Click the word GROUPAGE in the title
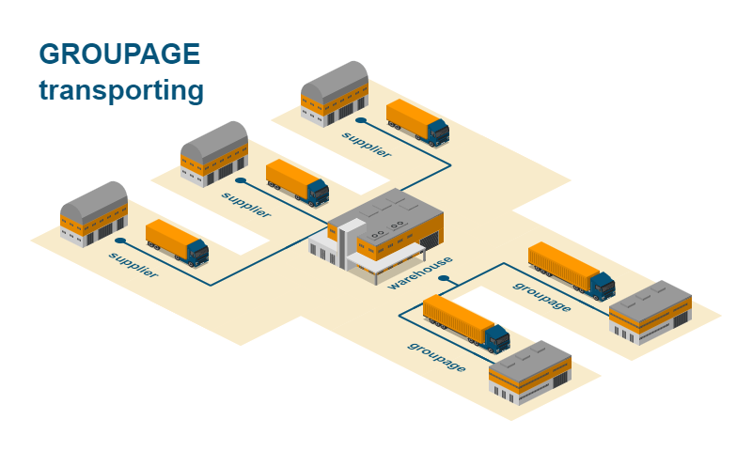click(x=119, y=54)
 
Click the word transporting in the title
click(x=121, y=91)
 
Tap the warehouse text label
click(x=420, y=272)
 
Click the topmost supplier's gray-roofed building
click(x=334, y=92)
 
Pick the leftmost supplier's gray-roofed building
click(x=93, y=213)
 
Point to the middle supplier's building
click(x=213, y=152)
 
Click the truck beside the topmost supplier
click(x=417, y=122)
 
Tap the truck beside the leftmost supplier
click(x=177, y=242)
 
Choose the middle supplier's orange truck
click(x=297, y=181)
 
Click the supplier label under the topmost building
click(x=367, y=145)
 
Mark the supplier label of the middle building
click(x=245, y=204)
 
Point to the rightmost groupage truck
click(x=571, y=270)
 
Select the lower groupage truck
click(x=465, y=322)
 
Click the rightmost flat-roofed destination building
click(x=650, y=311)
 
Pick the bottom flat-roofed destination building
click(x=530, y=372)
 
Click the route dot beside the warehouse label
click(x=443, y=279)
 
